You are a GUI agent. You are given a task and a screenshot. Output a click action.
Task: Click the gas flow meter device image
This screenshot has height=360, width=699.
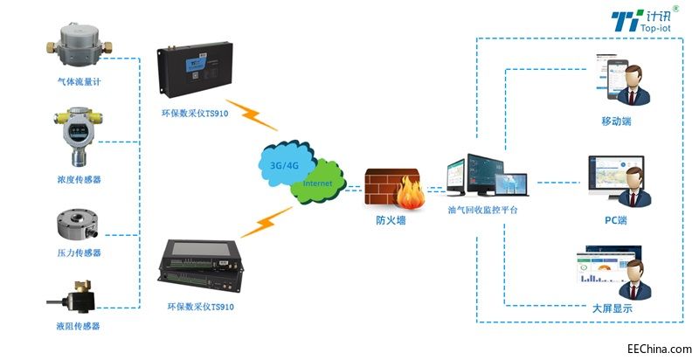point(80,45)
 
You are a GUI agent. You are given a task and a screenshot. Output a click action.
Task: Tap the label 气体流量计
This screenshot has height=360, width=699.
point(79,82)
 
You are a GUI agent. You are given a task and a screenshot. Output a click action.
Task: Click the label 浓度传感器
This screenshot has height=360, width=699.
point(79,179)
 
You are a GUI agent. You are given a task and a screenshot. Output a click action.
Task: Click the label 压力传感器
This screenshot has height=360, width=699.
point(79,253)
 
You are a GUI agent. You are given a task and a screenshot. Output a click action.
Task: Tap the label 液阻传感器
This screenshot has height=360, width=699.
point(79,326)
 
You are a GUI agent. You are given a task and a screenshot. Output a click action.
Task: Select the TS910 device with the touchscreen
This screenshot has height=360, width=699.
point(201,266)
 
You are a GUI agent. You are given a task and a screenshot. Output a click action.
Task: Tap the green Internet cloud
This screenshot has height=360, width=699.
point(318,182)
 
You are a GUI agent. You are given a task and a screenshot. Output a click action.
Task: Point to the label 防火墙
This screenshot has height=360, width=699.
point(391,219)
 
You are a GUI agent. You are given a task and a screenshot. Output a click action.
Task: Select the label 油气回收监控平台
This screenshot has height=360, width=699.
point(483,210)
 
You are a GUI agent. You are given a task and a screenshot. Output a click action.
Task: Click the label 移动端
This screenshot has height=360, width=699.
point(616,121)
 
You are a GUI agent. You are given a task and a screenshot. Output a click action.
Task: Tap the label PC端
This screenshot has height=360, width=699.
point(616,220)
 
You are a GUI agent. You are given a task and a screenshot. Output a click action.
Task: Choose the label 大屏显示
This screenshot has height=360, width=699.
point(612,308)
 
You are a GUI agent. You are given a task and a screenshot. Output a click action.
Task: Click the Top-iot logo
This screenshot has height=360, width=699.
point(645,19)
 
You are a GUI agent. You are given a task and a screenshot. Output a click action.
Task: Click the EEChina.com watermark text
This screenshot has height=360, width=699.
point(660,349)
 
